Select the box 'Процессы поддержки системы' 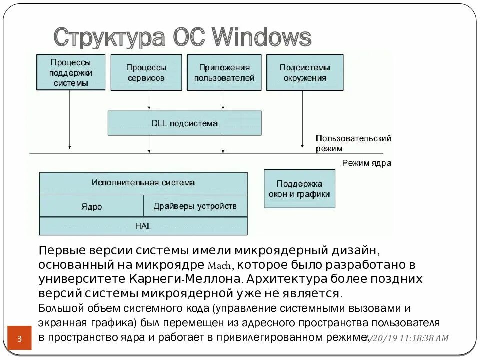71,72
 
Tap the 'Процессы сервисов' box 146,72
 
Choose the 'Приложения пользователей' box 224,72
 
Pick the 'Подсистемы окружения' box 305,72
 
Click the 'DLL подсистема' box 184,123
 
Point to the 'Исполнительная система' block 143,183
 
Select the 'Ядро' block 91,206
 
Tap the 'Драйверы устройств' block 195,206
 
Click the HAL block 143,226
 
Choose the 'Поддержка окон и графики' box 299,189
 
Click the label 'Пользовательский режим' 353,143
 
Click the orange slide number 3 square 20,338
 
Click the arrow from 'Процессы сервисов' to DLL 149,100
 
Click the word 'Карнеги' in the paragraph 159,278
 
